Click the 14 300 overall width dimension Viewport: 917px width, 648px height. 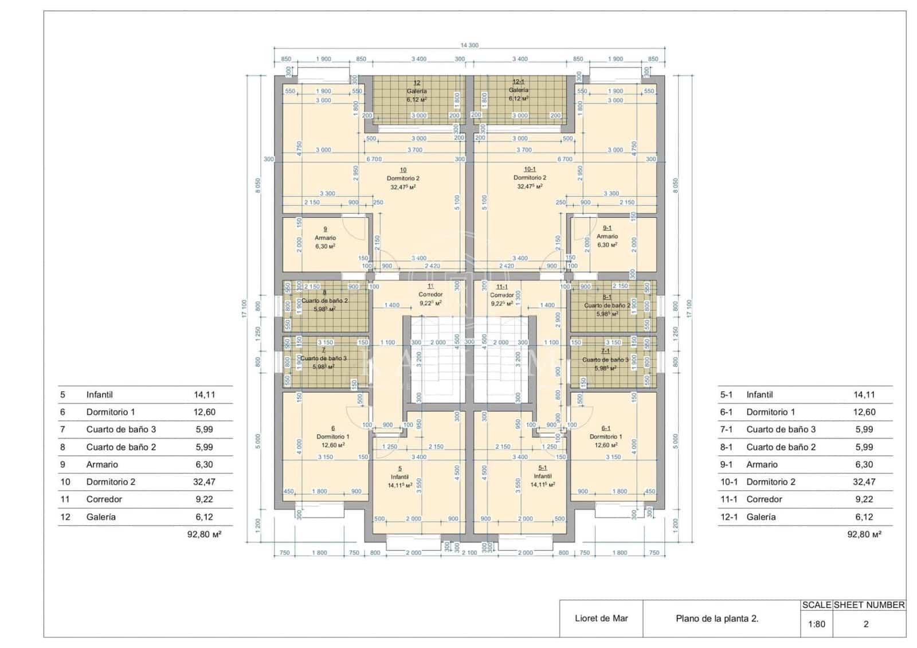pyautogui.click(x=469, y=45)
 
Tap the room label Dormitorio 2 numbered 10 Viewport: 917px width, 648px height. pyautogui.click(x=403, y=178)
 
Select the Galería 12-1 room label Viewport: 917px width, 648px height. pyautogui.click(x=518, y=90)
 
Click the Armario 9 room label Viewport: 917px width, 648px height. pyautogui.click(x=325, y=237)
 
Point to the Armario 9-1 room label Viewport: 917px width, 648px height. pyautogui.click(x=607, y=236)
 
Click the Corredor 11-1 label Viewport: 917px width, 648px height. pyautogui.click(x=501, y=295)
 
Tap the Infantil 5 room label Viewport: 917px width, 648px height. pyautogui.click(x=399, y=477)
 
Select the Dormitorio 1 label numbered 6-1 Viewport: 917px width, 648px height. pyautogui.click(x=606, y=436)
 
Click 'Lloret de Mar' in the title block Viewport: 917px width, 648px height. pyautogui.click(x=601, y=618)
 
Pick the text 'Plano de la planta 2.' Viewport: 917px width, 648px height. pyautogui.click(x=717, y=618)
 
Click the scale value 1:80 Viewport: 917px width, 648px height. pyautogui.click(x=816, y=624)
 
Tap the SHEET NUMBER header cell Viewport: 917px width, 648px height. pyautogui.click(x=869, y=605)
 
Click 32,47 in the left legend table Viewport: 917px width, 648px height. pyautogui.click(x=203, y=482)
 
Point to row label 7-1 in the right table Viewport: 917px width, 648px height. pyautogui.click(x=726, y=429)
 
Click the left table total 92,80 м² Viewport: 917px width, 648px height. pyautogui.click(x=205, y=534)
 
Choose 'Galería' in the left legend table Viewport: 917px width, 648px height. pyautogui.click(x=101, y=517)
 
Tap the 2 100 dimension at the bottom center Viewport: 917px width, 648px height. pyautogui.click(x=469, y=553)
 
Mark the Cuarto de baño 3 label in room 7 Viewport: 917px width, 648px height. pyautogui.click(x=324, y=358)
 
